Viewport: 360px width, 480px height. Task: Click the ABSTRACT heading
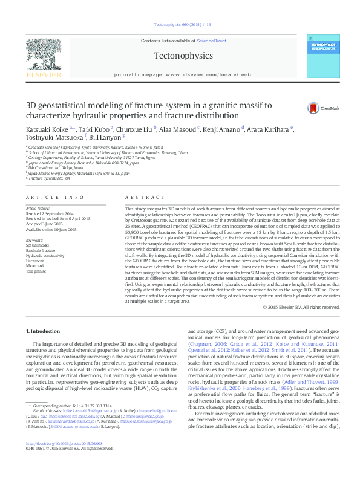tap(140, 198)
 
